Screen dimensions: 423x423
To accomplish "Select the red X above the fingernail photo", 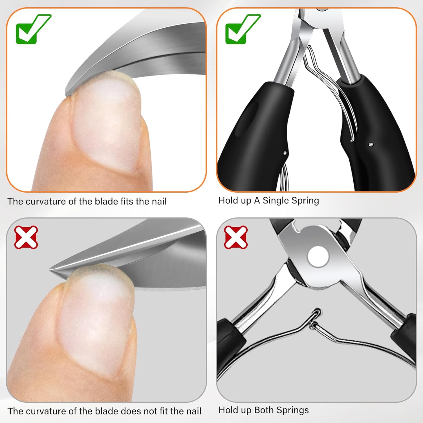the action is pyautogui.click(x=26, y=237).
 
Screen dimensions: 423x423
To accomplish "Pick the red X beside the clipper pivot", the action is pyautogui.click(x=236, y=237).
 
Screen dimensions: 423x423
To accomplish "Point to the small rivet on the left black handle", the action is pyautogui.click(x=285, y=153).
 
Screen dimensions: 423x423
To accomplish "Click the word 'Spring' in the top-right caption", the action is pyautogui.click(x=305, y=201).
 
